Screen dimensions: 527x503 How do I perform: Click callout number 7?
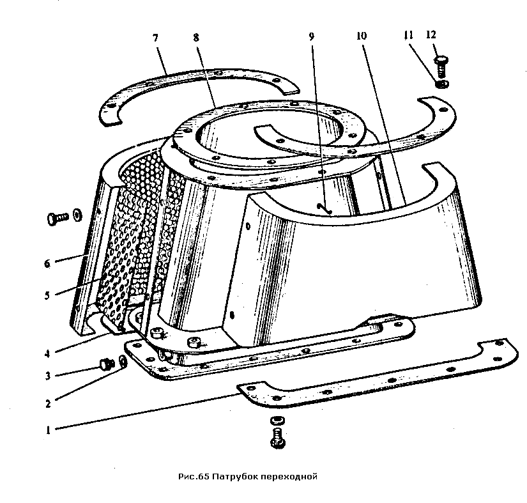155,38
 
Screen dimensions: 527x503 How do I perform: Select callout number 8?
196,37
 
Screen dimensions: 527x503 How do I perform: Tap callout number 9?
312,36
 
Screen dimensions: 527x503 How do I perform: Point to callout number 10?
362,36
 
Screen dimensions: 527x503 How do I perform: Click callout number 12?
431,35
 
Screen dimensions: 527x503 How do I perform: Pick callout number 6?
47,263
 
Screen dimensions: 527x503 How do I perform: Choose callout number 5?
47,295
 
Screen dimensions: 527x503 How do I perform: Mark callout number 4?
47,353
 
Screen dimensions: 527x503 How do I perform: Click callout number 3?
48,376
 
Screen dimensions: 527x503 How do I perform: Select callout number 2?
48,403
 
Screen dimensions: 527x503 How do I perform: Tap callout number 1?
48,429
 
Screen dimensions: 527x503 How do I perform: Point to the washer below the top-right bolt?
441,84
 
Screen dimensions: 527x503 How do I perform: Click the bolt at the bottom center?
278,438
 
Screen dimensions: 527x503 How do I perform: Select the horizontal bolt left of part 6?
57,218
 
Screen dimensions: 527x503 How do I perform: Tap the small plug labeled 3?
105,364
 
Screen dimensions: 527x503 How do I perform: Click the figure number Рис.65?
194,477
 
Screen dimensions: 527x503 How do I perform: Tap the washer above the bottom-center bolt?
278,421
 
